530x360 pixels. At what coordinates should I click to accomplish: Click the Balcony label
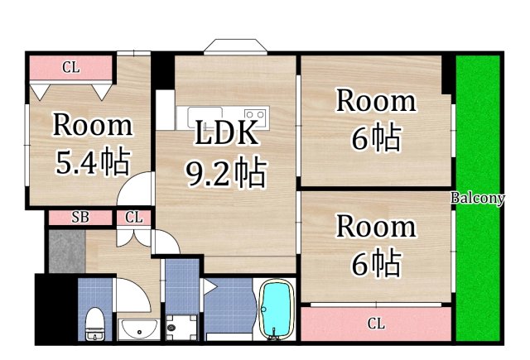(478, 198)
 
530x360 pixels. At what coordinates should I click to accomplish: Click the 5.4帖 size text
(92, 162)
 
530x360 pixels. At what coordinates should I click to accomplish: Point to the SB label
(79, 218)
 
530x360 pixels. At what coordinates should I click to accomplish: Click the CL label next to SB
(133, 218)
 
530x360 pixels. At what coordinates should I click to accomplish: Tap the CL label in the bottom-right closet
(376, 323)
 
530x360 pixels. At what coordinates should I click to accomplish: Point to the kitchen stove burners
(254, 115)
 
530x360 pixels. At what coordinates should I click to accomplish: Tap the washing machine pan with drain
(181, 326)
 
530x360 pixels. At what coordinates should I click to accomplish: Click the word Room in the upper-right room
(375, 101)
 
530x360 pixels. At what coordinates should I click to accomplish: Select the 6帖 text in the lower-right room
(375, 264)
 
